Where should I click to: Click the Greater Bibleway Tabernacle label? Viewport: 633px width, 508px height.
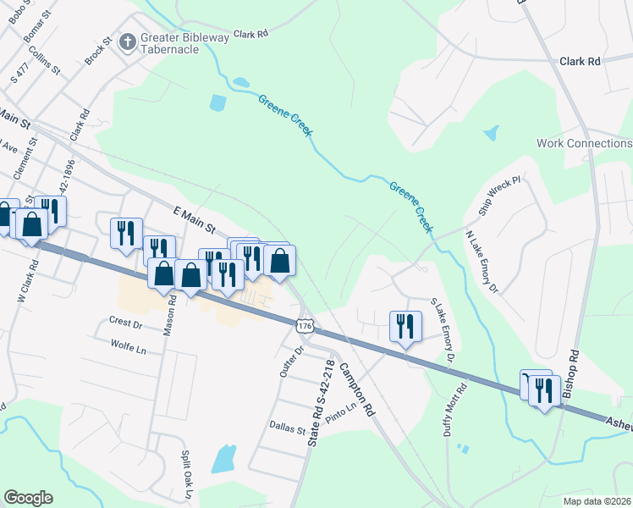(169, 43)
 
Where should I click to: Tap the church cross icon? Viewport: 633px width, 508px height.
(127, 41)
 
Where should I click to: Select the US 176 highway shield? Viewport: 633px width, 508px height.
(305, 325)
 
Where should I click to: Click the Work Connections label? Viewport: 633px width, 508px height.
(584, 143)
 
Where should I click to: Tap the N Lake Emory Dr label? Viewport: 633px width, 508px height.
(482, 262)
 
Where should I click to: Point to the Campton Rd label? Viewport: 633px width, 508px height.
(356, 389)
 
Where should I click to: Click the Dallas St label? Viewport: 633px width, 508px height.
(287, 429)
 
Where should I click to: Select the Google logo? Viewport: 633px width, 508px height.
(28, 498)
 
